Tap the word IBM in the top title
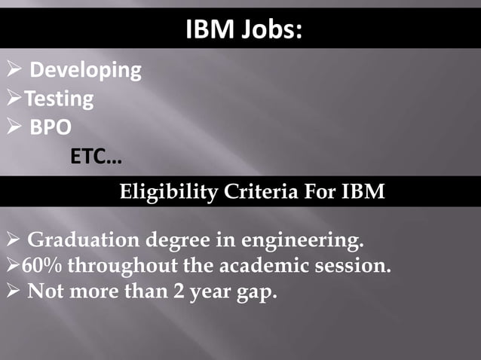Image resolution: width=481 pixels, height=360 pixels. (208, 32)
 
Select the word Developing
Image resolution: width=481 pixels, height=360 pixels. (85, 70)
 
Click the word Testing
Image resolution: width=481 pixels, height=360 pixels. (59, 99)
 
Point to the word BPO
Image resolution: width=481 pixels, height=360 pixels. (51, 127)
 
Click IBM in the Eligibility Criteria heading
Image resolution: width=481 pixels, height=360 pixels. (365, 192)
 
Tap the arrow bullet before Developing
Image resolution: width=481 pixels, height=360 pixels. (13, 71)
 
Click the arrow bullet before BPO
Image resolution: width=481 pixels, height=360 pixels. (13, 128)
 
